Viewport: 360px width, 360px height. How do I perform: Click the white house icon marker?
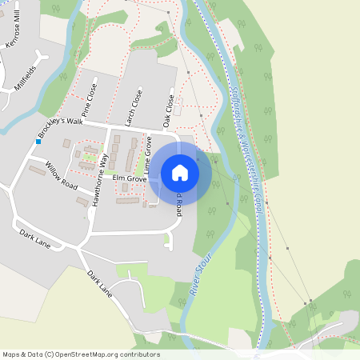coord(180,172)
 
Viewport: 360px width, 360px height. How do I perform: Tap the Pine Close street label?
coord(89,100)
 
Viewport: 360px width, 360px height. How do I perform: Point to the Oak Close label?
coord(167,111)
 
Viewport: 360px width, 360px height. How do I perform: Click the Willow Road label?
coord(61,174)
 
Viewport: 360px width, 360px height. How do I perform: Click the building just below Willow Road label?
coord(82,202)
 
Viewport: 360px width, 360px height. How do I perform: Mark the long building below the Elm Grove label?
coord(127,201)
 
